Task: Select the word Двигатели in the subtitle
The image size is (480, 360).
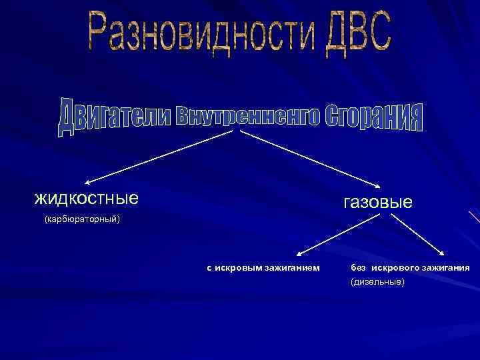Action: pos(113,117)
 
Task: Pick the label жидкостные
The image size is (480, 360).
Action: pos(86,198)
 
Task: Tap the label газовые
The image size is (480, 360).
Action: pos(378,201)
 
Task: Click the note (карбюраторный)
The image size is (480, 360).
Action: pos(81,219)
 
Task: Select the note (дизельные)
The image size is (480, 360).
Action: pos(377,283)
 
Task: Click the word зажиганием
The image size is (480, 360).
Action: pos(293,268)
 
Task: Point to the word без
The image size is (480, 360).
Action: pos(359,268)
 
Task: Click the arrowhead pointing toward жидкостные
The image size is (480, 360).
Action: pos(87,181)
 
